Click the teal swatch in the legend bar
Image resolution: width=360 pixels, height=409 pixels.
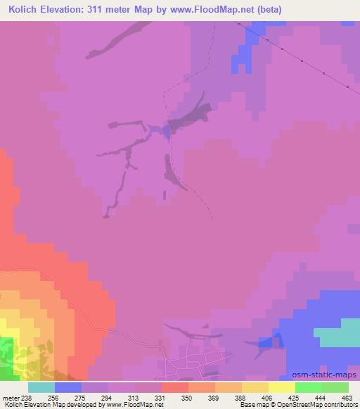(41, 387)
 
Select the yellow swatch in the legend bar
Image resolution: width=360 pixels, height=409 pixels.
(281, 387)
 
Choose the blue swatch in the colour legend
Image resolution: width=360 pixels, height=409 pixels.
(68, 387)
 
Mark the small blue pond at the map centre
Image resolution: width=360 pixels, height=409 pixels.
(168, 129)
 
